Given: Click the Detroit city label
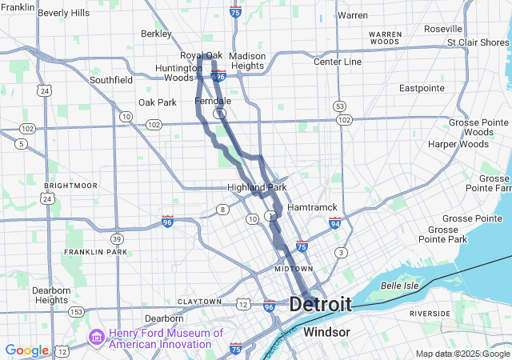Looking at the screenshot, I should pos(320,305).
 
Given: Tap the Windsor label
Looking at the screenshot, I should pos(326,331).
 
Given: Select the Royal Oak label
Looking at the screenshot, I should pos(201,55).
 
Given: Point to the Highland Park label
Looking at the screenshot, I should pos(256,187).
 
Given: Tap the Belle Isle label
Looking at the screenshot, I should pos(400,286).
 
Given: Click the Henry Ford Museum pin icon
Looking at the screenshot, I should pos(96,338).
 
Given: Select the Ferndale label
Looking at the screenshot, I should pos(213,102).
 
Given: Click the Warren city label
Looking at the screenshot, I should pos(352,15).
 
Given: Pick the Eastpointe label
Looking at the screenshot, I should pos(422,88).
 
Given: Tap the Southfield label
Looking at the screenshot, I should pos(111,80).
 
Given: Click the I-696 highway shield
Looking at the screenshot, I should pos(218,76).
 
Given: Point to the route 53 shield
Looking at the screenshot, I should pos(340,106).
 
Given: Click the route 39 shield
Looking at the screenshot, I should pos(118,238).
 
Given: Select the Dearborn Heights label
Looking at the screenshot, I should pos(51,295).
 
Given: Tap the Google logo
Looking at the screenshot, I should pos(26,350).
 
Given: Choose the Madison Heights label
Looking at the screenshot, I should pos(246,61).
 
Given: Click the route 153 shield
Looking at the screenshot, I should pos(77,311).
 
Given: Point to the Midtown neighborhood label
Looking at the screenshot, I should pos(293,269).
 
